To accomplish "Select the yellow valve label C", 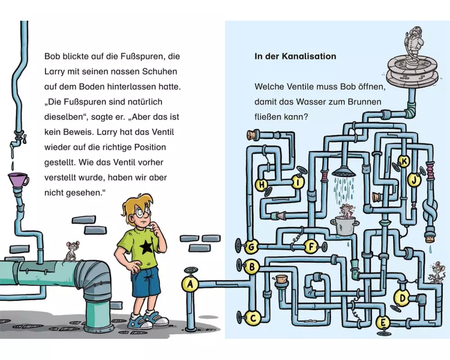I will point(253,318).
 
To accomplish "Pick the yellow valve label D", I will point(403,297).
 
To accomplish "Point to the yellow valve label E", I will point(383,322).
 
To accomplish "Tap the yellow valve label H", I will point(261,184).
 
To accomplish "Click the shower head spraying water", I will point(343,171).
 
